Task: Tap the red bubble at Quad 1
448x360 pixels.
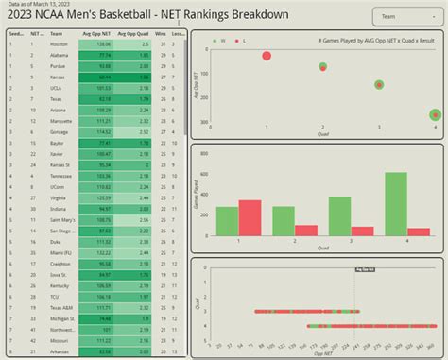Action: [267, 57]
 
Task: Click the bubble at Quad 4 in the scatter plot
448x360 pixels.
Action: [435, 114]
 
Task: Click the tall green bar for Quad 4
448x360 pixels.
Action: [396, 203]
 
